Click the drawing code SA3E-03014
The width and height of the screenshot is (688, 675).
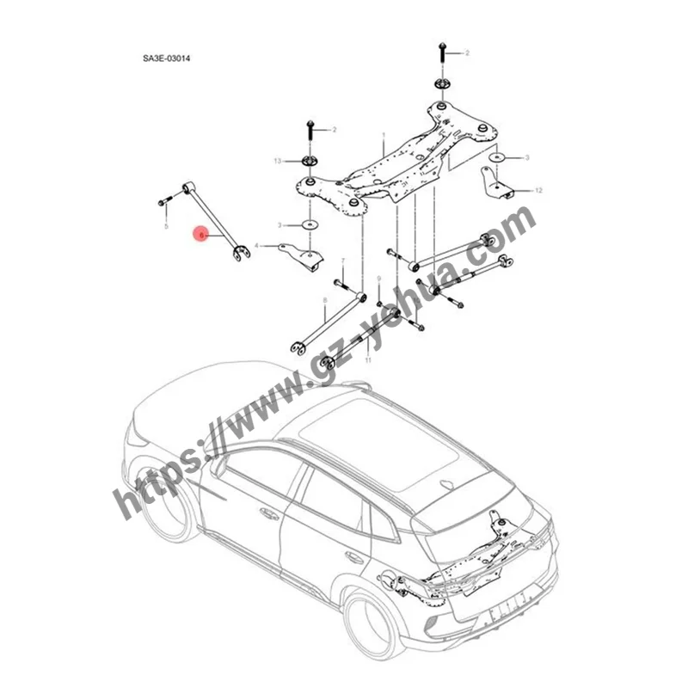click(166, 59)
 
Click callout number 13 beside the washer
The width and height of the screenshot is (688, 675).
click(277, 161)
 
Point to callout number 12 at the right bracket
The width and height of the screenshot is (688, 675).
click(538, 189)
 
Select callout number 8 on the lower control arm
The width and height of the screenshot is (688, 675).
click(324, 300)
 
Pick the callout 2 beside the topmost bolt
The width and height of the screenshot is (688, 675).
click(467, 53)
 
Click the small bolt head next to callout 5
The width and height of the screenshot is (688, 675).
click(163, 203)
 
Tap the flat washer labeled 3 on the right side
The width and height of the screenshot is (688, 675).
click(497, 158)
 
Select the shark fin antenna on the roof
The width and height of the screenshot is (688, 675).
click(368, 388)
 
